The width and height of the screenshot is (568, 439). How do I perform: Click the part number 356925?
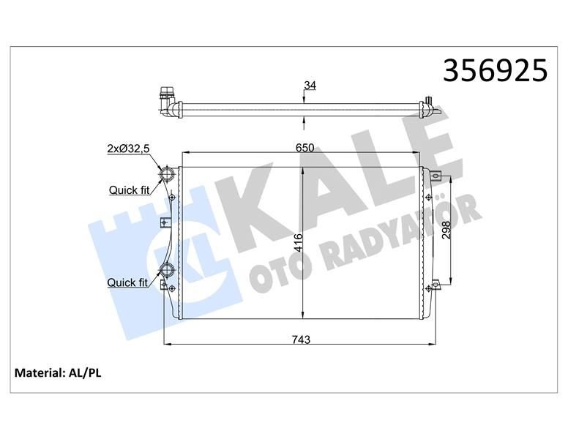[496, 70]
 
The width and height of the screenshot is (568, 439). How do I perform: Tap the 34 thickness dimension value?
[310, 86]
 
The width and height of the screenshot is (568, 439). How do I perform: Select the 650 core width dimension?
[304, 148]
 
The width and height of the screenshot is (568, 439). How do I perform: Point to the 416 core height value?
[298, 243]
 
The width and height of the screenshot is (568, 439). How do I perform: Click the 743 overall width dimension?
[301, 339]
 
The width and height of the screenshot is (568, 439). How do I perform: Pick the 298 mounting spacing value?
[446, 230]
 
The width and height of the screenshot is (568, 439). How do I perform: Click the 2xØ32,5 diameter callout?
[129, 149]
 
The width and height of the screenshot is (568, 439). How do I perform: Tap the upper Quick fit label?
[129, 190]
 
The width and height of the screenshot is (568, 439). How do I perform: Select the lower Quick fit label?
[127, 282]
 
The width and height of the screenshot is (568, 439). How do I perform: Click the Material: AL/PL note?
[58, 372]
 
